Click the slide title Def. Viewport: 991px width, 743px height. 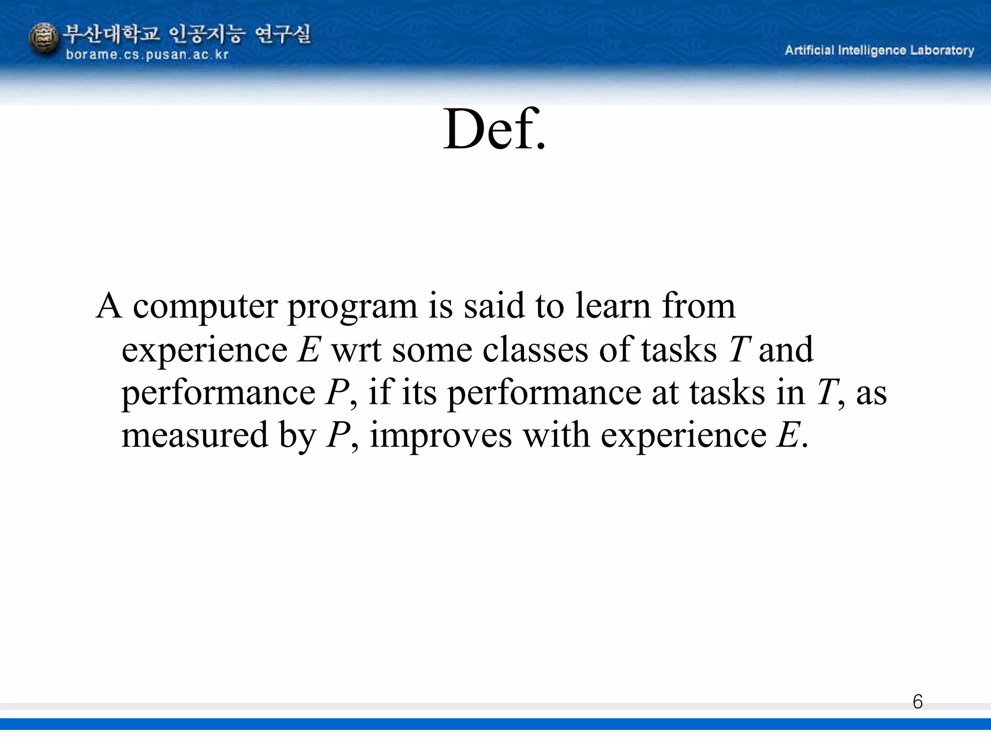coord(494,130)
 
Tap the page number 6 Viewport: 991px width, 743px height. coord(917,702)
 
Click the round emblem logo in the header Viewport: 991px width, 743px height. coord(44,39)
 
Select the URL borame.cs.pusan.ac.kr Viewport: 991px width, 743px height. coord(147,55)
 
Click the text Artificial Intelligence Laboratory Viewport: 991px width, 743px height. coord(879,50)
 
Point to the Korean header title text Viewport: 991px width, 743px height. coord(188,34)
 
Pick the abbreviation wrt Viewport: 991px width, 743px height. coord(356,350)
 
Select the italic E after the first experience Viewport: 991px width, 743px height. coord(309,349)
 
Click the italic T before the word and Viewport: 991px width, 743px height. coord(738,349)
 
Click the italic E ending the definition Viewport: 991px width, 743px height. coord(788,435)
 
